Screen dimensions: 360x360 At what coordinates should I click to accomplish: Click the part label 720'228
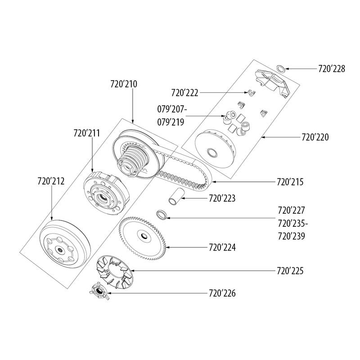point(331,69)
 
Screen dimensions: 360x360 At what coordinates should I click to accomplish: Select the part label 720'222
point(185,93)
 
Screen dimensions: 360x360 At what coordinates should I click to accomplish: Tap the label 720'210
point(124,84)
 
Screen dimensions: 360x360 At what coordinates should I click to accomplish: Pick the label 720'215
point(291,183)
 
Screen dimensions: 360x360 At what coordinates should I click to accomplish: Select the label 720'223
point(222,198)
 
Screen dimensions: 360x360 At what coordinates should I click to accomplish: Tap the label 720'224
point(222,247)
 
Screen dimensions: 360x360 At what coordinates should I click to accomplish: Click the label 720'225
point(291,271)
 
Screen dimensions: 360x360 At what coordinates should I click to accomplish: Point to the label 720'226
point(222,293)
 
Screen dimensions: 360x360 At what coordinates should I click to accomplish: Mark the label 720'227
point(292,210)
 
